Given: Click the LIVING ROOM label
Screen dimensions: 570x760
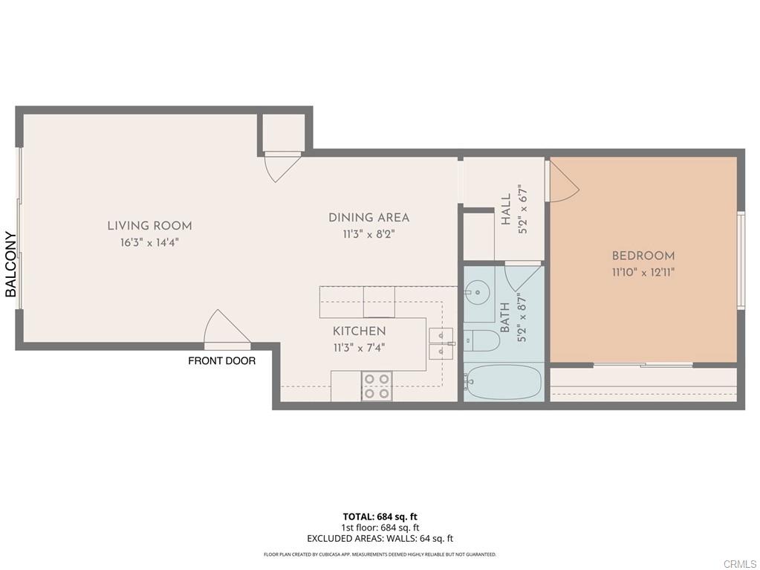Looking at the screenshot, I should pyautogui.click(x=149, y=226).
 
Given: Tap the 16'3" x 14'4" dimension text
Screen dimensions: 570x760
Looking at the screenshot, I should pyautogui.click(x=149, y=242).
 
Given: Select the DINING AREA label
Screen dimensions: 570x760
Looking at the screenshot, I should pyautogui.click(x=368, y=218).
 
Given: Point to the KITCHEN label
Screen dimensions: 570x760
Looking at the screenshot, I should pyautogui.click(x=359, y=331).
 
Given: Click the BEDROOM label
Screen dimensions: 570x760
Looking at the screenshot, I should pyautogui.click(x=643, y=256).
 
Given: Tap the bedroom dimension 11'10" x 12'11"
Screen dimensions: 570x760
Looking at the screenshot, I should pyautogui.click(x=643, y=273).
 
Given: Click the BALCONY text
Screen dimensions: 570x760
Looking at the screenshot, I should pyautogui.click(x=11, y=265).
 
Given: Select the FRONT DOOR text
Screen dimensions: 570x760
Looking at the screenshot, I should pyautogui.click(x=221, y=361).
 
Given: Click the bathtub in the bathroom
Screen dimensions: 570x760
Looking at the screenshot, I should pyautogui.click(x=504, y=382).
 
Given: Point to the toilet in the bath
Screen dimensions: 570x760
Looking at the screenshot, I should pyautogui.click(x=481, y=341).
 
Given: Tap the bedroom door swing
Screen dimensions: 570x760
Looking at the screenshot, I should pyautogui.click(x=562, y=182).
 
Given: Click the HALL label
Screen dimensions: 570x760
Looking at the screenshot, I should pyautogui.click(x=506, y=210).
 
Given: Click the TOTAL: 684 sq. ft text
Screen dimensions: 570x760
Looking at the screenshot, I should pyautogui.click(x=380, y=516).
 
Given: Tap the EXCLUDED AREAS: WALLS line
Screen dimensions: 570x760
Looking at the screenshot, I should pyautogui.click(x=380, y=539).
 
